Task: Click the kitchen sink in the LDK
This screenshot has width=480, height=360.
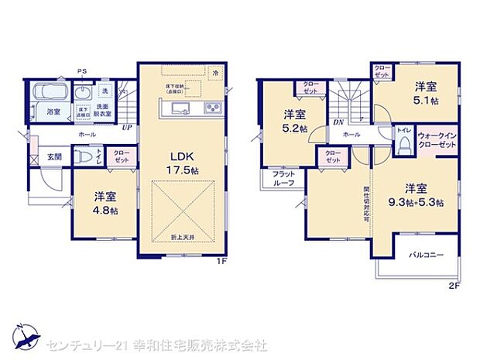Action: point(177,108)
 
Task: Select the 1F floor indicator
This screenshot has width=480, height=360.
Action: point(221,261)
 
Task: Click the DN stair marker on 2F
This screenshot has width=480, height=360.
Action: point(338,122)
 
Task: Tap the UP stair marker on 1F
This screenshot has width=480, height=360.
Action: point(125,127)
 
